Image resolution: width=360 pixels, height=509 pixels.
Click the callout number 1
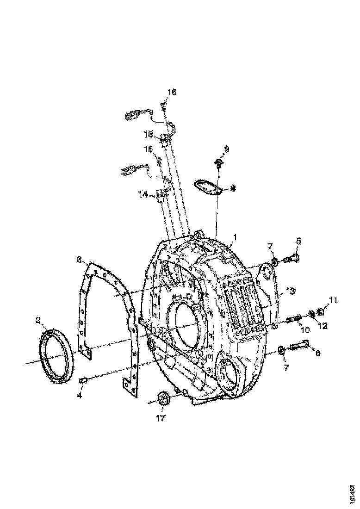235,237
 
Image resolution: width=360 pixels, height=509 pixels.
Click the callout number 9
226,149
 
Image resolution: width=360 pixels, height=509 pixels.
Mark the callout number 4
79,396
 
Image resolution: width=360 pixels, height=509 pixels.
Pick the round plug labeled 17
163,399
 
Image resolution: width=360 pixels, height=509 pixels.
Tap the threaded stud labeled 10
294,319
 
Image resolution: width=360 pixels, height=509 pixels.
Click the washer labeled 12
311,315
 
